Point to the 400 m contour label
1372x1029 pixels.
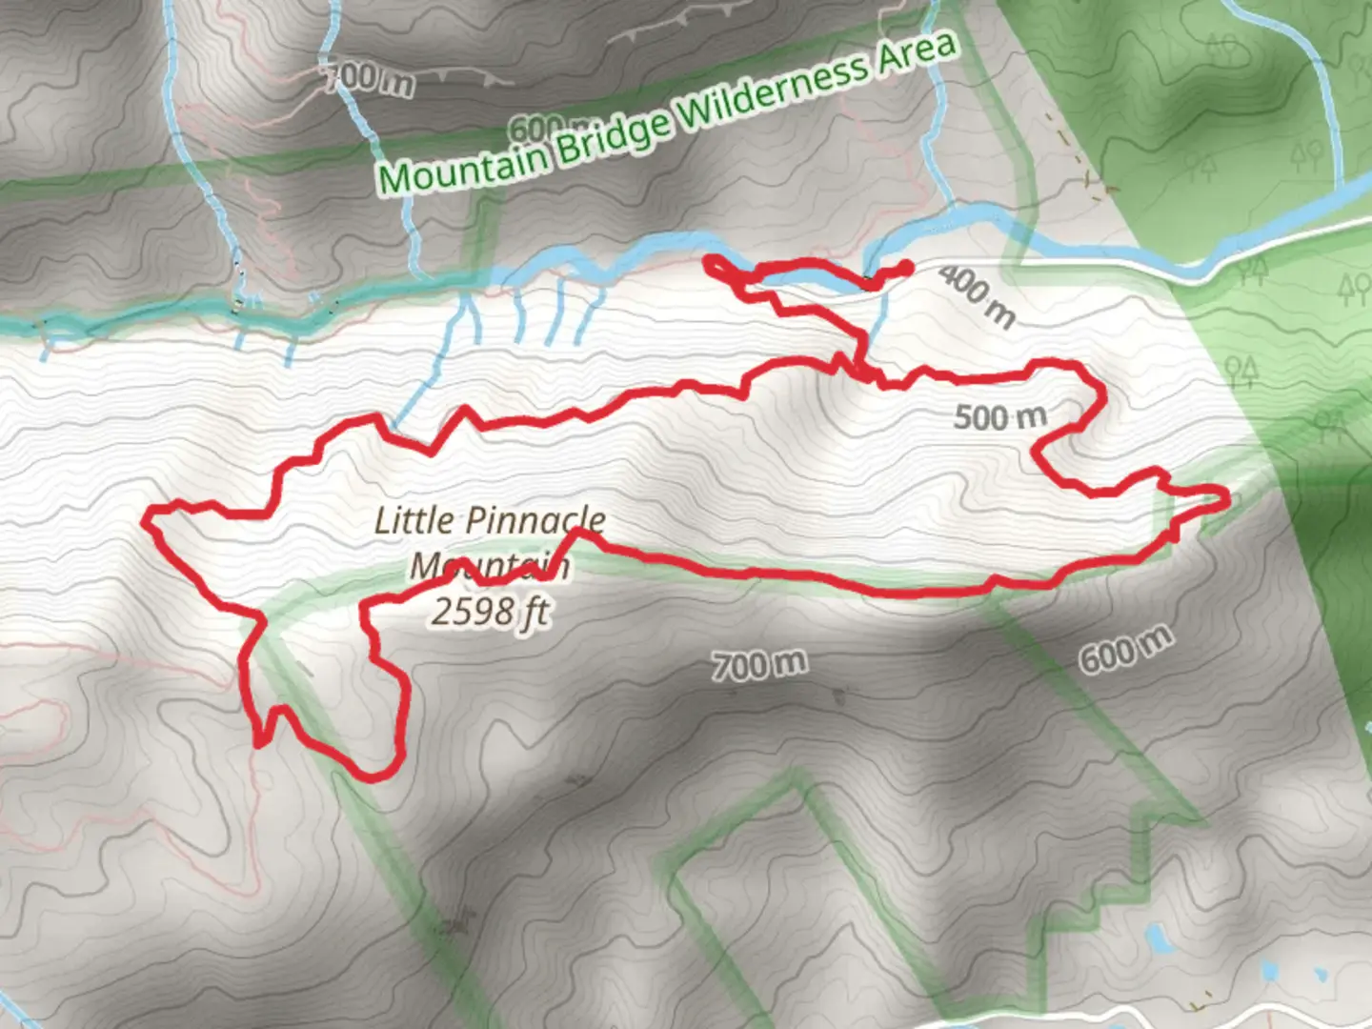(976, 294)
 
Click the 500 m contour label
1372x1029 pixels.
(999, 416)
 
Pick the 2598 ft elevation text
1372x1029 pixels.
(490, 611)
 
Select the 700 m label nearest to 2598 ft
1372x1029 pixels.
(759, 664)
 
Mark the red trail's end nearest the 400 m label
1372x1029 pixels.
(906, 267)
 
